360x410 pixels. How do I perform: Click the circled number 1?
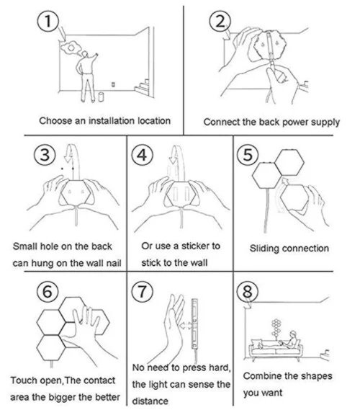click(x=48, y=21)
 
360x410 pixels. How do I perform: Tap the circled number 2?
click(x=220, y=21)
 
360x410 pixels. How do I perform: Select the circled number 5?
click(x=248, y=154)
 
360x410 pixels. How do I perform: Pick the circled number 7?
click(x=143, y=292)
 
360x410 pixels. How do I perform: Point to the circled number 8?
click(x=248, y=291)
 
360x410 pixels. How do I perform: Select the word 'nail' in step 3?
click(x=114, y=263)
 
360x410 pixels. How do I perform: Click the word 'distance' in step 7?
click(x=150, y=401)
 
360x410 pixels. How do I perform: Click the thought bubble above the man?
click(x=71, y=48)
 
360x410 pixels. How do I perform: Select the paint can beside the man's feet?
click(x=101, y=97)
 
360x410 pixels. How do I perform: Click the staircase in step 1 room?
click(x=142, y=86)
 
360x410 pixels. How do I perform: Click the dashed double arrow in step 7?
click(x=186, y=326)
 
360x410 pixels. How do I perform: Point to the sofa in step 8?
click(x=276, y=348)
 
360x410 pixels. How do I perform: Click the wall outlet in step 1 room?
click(x=113, y=84)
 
